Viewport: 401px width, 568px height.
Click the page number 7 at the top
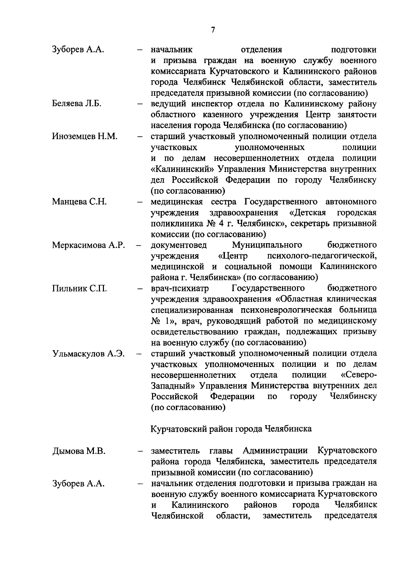tap(213, 30)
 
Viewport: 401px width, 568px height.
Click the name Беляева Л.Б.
tap(77, 104)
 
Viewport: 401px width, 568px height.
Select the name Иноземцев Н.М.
tap(85, 136)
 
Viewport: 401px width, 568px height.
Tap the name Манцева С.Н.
tap(79, 202)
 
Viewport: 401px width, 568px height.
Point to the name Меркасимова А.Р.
tap(89, 245)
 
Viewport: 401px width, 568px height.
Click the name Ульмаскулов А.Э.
tap(88, 354)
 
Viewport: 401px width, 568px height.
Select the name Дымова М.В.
tap(79, 451)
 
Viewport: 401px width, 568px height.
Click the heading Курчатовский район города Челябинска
tap(231, 429)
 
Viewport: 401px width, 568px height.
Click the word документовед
tap(179, 245)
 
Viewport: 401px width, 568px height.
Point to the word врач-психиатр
tap(180, 288)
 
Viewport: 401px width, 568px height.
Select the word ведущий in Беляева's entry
tap(166, 104)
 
